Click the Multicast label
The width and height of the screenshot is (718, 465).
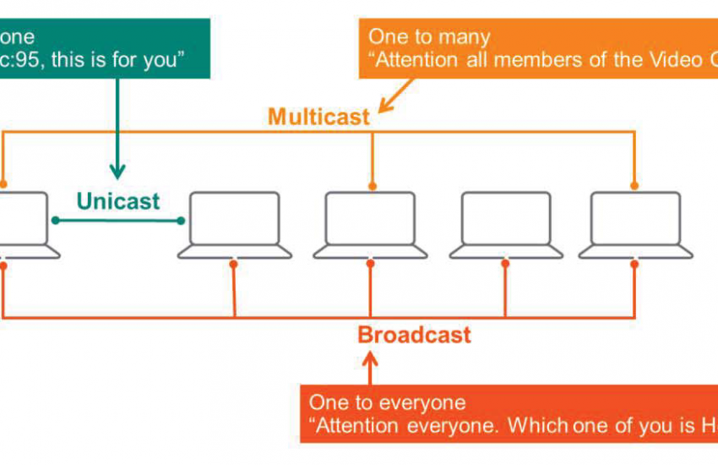[318, 117]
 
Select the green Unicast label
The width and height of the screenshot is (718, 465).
[117, 201]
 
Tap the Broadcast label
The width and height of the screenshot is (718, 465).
[414, 335]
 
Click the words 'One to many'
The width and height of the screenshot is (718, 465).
[429, 38]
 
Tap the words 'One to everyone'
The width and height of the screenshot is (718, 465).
[387, 402]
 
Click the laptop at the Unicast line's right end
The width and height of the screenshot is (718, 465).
[234, 225]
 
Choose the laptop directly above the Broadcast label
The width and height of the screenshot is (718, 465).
[370, 225]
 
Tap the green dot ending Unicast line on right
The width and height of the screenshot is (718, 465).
[182, 221]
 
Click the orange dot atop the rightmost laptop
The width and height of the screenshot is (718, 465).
[634, 185]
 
